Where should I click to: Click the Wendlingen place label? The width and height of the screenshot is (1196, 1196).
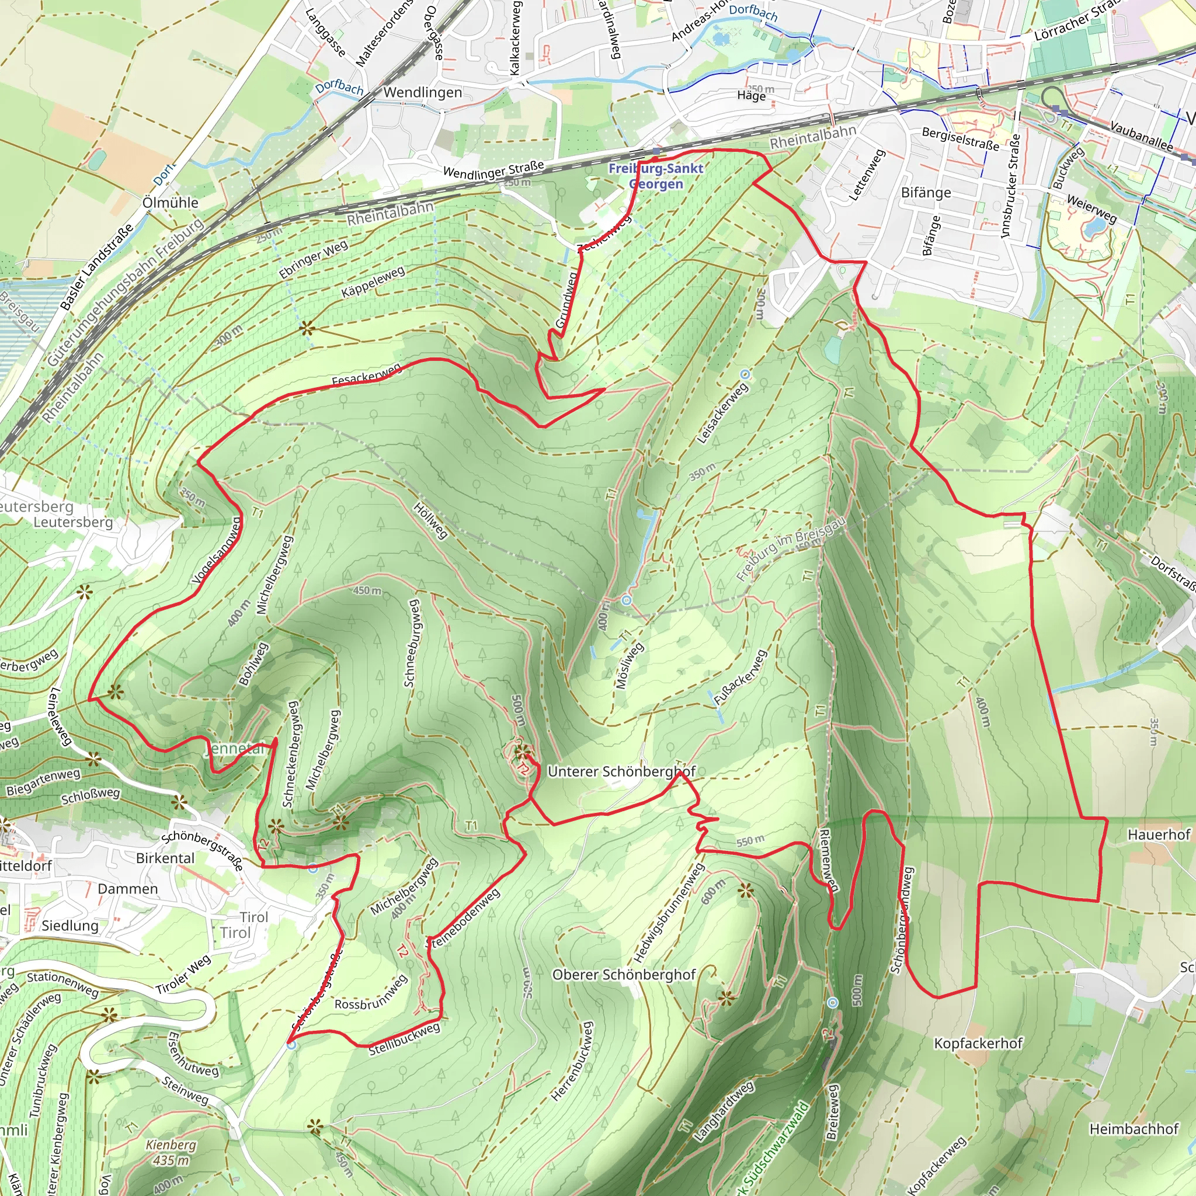point(422,92)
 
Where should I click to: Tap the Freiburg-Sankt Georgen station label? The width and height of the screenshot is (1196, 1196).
point(656,176)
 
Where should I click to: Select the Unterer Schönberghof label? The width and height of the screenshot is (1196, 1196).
point(621,771)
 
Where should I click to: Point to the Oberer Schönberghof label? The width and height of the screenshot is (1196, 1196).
point(624,975)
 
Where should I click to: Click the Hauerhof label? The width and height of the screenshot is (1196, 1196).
point(1159,835)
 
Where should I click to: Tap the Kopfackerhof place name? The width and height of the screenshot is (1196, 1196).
point(978,1043)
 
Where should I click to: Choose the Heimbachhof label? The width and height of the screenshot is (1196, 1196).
point(1134,1128)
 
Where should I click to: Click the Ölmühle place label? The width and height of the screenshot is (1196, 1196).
point(171,203)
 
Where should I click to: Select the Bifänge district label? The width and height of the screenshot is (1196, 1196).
point(926,193)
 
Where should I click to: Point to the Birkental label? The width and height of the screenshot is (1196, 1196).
point(165,858)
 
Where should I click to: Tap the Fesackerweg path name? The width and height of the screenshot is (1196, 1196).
point(367,376)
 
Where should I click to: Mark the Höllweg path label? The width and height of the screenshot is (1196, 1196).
point(430,520)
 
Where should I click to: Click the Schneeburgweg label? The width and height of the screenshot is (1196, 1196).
point(412,642)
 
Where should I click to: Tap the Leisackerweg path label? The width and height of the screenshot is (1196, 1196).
point(722,413)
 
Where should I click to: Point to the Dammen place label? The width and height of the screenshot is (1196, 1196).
point(127,888)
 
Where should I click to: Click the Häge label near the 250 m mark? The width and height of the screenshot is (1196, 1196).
point(751,95)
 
